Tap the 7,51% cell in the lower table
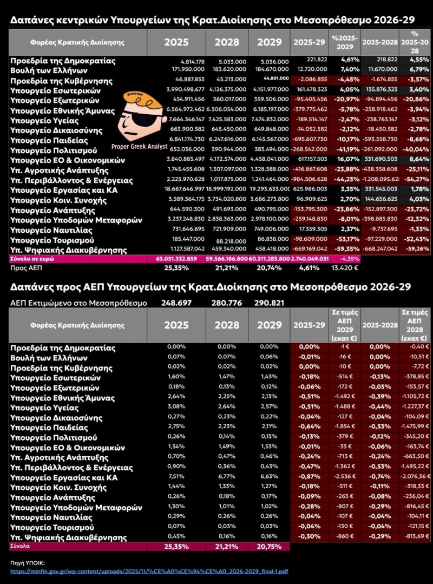coord(176,477)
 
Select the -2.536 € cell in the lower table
coord(344,477)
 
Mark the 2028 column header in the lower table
coord(227,325)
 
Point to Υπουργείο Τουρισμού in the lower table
coord(53,527)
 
